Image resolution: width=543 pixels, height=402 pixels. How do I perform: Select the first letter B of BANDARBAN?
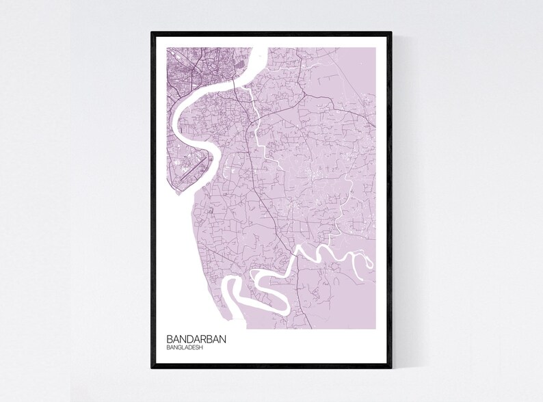(169, 338)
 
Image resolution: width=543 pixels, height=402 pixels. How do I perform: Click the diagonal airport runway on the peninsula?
(192, 167)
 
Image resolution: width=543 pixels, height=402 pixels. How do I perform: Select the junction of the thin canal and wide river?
(247, 87)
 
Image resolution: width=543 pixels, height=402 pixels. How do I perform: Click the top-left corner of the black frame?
(153, 31)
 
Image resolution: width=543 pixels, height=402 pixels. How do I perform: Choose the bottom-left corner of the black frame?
(153, 368)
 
